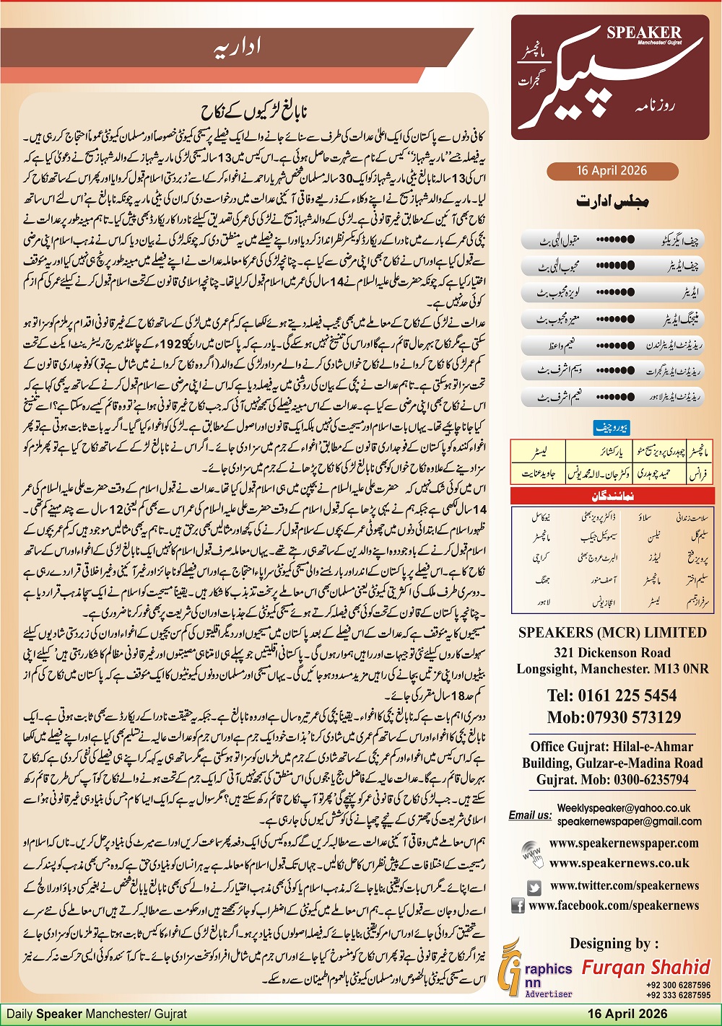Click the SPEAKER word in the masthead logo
point(643,32)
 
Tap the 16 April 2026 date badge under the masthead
point(612,171)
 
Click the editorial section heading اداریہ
point(238,47)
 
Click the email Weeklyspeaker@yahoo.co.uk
point(623,808)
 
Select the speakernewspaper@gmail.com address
point(629,821)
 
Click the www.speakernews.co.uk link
point(619,863)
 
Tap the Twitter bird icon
point(534,887)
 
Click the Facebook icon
point(518,906)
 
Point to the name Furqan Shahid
point(646,967)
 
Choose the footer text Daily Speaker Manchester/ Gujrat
point(97,1014)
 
